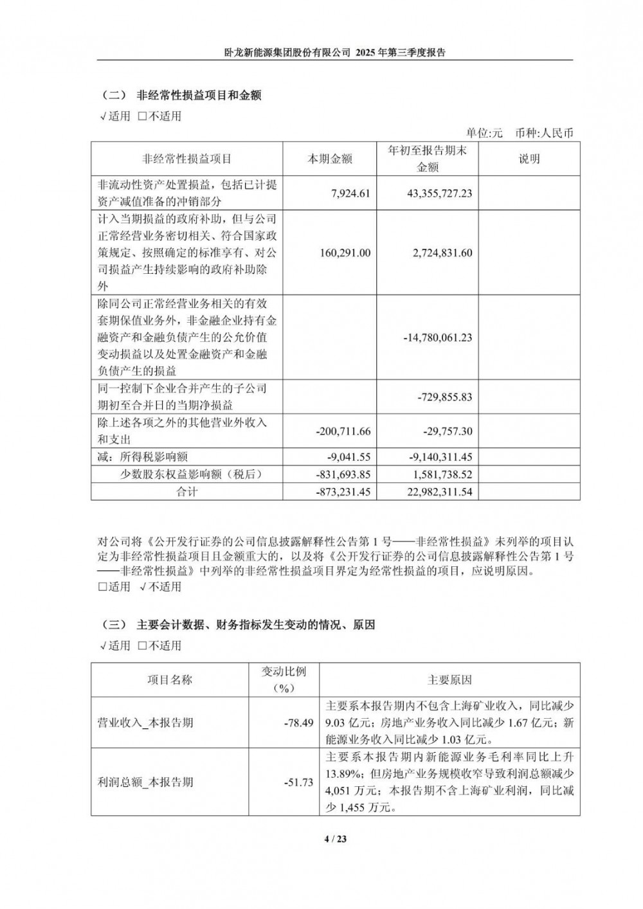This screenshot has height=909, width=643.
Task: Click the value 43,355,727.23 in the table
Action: [440, 193]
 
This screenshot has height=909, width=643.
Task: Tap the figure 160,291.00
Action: [345, 253]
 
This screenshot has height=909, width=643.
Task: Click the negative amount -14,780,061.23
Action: [437, 337]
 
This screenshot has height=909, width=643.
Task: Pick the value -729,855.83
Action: [444, 397]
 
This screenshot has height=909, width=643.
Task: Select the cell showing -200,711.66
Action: [343, 431]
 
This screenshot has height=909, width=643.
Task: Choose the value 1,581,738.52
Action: [442, 474]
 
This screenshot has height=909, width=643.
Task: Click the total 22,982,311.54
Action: [440, 492]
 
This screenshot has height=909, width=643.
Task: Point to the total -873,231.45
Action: [343, 492]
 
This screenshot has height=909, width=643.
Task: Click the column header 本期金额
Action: [330, 159]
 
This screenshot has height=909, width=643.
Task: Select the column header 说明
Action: [529, 159]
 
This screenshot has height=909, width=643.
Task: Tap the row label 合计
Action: [186, 492]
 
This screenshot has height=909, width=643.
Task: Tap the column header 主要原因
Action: [449, 679]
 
